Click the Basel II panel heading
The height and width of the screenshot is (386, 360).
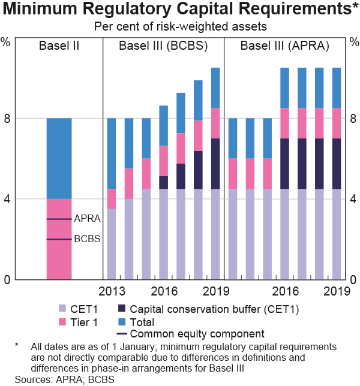pyautogui.click(x=59, y=46)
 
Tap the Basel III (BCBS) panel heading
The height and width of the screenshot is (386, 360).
pyautogui.click(x=163, y=46)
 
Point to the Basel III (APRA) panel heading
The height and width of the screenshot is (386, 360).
pyautogui.click(x=284, y=46)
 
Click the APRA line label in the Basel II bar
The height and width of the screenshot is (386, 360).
pyautogui.click(x=87, y=219)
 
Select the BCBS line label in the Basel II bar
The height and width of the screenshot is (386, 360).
pyautogui.click(x=87, y=239)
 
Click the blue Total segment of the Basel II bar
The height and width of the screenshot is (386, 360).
pyautogui.click(x=59, y=158)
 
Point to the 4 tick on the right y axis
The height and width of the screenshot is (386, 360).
pyautogui.click(x=354, y=199)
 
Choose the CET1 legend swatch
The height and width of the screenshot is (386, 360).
pyautogui.click(x=62, y=309)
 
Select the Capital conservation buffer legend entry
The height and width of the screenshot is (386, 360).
pyautogui.click(x=208, y=309)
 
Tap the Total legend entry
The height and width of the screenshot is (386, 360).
pyautogui.click(x=142, y=322)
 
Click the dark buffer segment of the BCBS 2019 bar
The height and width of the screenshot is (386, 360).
pyautogui.click(x=215, y=164)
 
